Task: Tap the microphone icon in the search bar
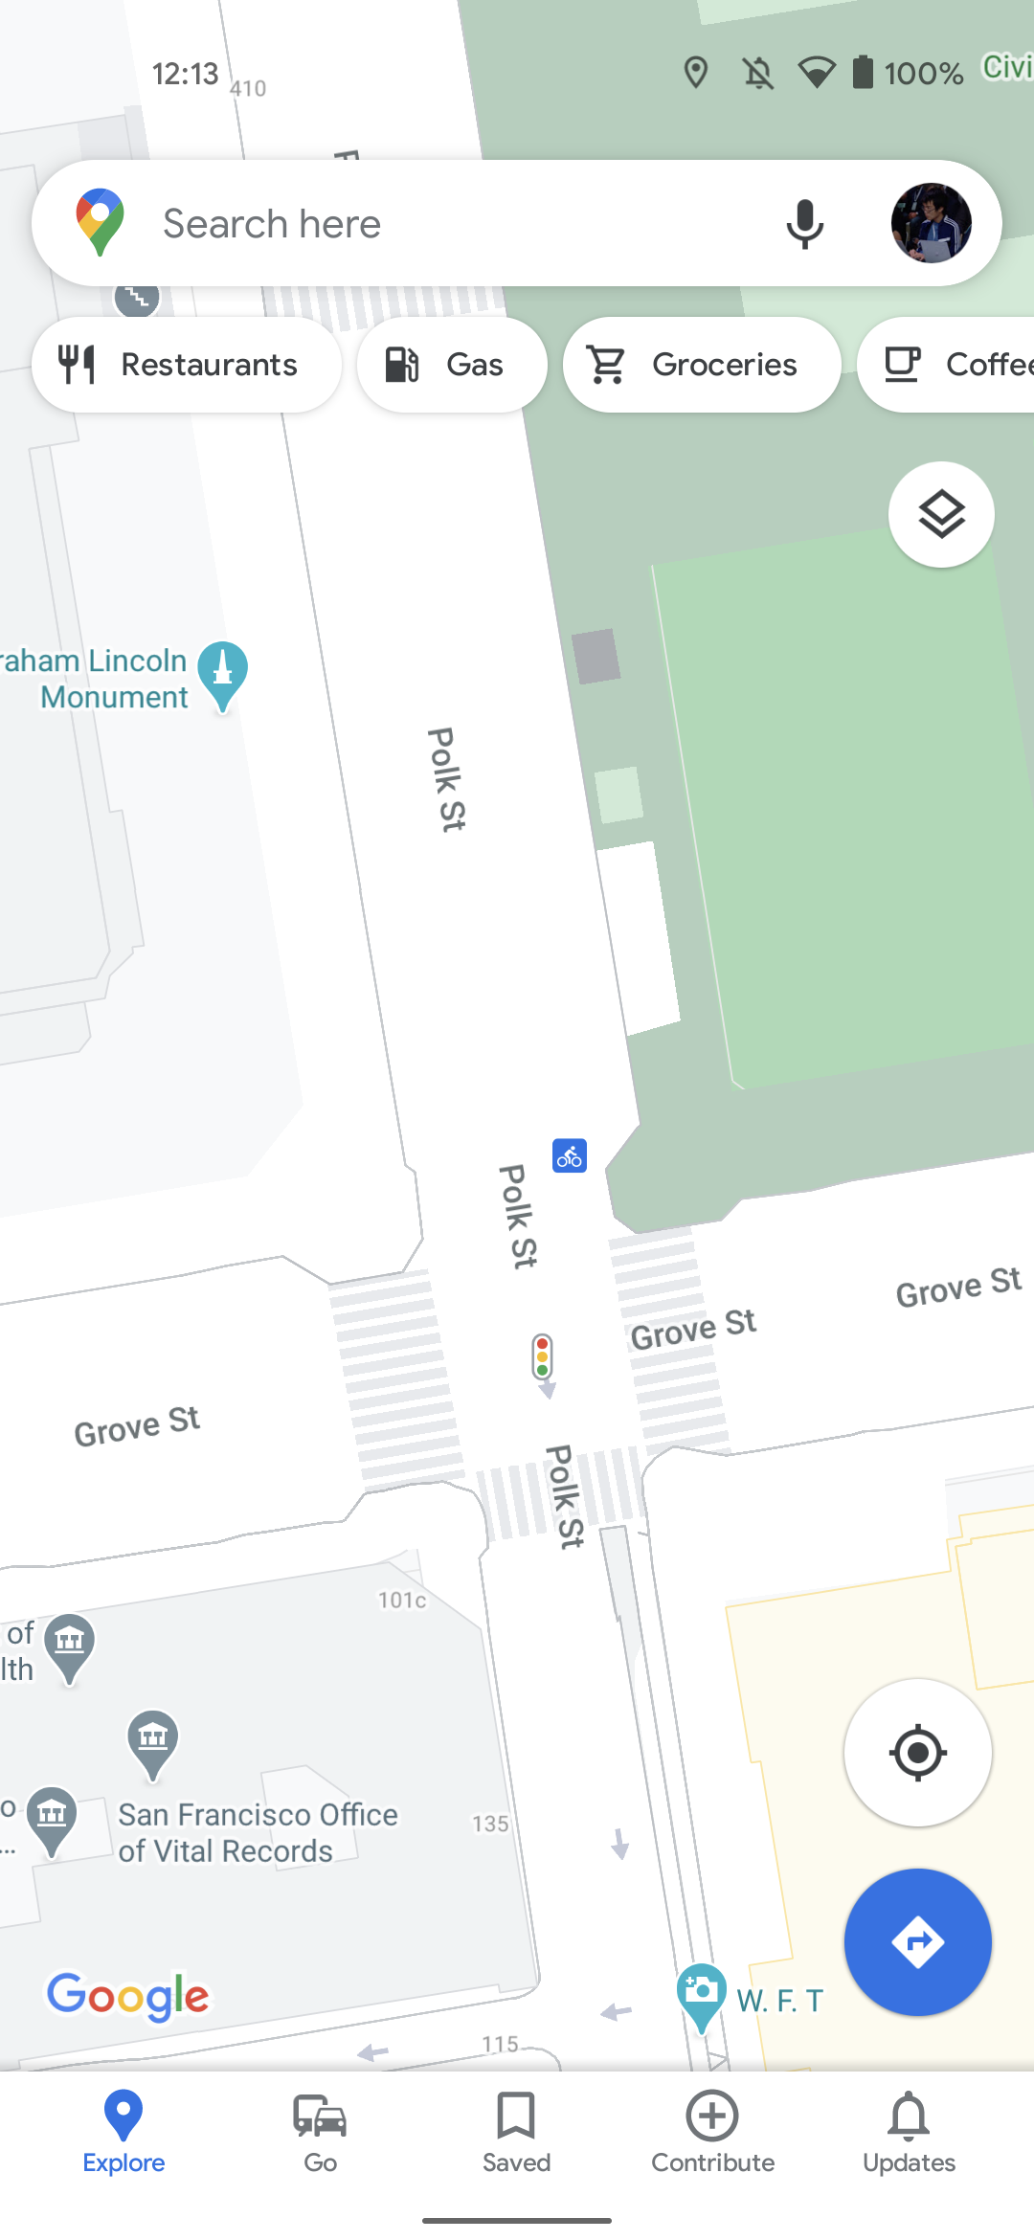coord(804,224)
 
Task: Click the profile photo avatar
coord(931,223)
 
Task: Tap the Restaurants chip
coord(187,365)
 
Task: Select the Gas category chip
coord(451,365)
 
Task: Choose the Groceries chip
coord(702,365)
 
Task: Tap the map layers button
coord(941,515)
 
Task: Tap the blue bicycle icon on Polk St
coord(570,1156)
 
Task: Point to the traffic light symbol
coord(543,1357)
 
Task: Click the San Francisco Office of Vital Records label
coord(257,1832)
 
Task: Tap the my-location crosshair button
coord(917,1753)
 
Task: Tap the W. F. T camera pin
coord(701,1993)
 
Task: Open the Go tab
coord(320,2133)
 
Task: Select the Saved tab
coord(516,2133)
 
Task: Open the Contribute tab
coord(712,2133)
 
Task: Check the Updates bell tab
coord(909,2133)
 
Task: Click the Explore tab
coord(124,2133)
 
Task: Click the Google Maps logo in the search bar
coord(101,222)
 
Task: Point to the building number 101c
coord(402,1601)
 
